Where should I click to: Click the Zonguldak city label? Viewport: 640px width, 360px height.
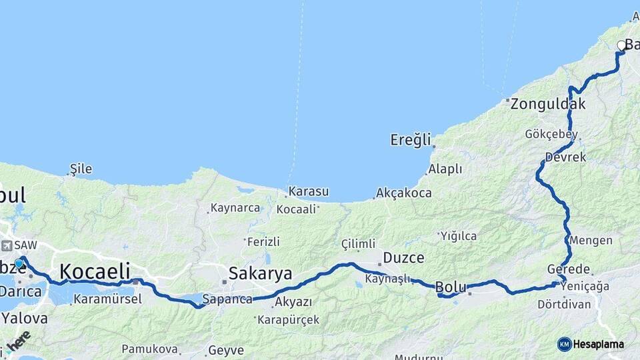548,104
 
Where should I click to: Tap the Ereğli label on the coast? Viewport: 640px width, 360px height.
411,140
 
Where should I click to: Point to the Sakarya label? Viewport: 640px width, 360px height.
260,273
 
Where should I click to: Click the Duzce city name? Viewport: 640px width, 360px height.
403,257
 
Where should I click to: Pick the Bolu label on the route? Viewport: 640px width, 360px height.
450,287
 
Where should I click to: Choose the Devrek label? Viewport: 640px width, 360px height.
565,157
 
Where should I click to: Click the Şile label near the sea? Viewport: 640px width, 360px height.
81,169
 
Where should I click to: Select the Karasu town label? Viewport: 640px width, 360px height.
309,192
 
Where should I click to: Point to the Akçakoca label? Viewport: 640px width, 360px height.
403,193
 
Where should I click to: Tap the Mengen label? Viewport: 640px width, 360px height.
587,240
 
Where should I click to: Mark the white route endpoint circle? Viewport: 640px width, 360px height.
621,46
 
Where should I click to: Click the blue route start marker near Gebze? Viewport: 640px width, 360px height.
19,264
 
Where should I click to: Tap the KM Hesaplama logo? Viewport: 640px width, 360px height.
591,344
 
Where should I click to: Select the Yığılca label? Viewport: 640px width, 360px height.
458,235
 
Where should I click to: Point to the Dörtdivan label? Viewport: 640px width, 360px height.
564,304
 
